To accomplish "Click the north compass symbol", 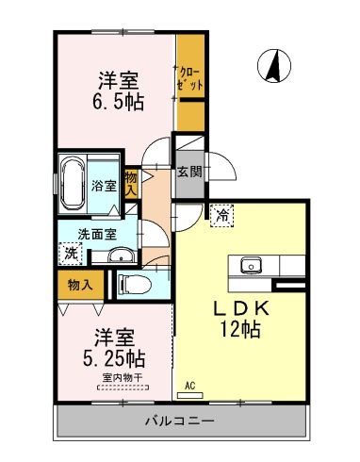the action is (x=274, y=66).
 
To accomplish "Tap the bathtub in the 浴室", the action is (x=73, y=184).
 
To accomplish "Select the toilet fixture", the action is (x=134, y=285).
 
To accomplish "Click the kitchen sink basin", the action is (x=251, y=266).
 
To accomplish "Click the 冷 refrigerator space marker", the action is (x=222, y=216).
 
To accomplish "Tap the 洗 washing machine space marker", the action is (x=71, y=254).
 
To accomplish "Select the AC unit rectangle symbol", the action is (x=190, y=395).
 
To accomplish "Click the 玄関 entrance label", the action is (x=189, y=172).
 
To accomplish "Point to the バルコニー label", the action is (x=180, y=421).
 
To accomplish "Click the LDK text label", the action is (x=241, y=308).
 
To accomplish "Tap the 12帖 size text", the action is (x=240, y=329).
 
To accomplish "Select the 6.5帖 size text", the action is (x=118, y=102).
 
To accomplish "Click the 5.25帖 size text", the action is (x=114, y=358).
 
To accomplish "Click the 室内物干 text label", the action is (x=123, y=377).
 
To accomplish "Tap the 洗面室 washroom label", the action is (x=97, y=234).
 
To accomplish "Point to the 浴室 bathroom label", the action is (x=105, y=186).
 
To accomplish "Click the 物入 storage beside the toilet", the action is (x=80, y=285).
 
